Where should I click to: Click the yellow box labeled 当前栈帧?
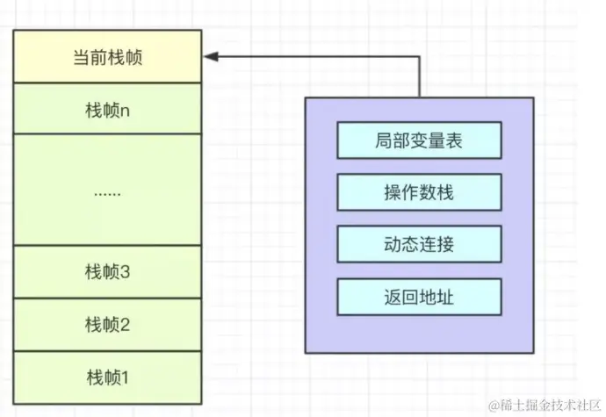point(107,57)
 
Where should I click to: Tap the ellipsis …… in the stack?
point(107,191)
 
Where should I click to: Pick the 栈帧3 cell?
point(107,271)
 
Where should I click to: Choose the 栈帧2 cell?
point(107,325)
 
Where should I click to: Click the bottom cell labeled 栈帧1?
point(107,377)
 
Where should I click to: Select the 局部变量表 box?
point(419,139)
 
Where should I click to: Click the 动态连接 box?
point(419,243)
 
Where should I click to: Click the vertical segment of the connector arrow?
point(420,77)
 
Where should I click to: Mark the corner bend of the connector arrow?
point(420,57)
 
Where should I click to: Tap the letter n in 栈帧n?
point(126,111)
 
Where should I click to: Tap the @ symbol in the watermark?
point(494,405)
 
